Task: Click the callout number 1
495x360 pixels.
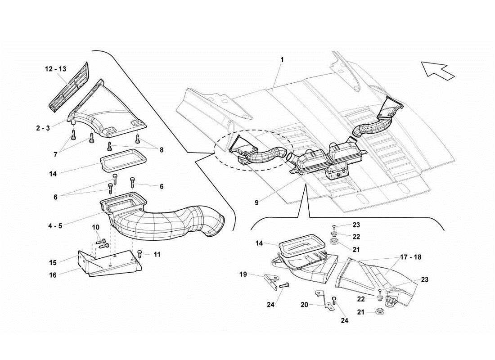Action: click(282, 59)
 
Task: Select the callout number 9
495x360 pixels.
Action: click(256, 202)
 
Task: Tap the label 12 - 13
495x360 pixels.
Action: click(55, 69)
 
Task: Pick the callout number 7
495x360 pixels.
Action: click(56, 154)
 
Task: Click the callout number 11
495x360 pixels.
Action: click(157, 254)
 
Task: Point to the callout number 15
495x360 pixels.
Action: click(53, 262)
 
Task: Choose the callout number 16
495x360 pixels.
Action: click(53, 275)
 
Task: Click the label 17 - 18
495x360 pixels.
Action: click(410, 257)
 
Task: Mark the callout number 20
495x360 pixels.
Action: click(304, 305)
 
